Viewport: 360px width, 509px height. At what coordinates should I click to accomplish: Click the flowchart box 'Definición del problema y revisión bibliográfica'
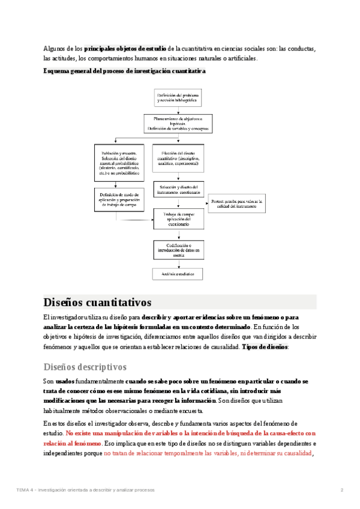pos(178,98)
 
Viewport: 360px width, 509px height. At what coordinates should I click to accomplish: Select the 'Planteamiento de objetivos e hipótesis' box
pos(178,124)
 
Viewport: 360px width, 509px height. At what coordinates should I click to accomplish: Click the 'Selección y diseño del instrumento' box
pos(178,191)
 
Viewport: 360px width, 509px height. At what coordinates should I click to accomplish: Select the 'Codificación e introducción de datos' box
pos(178,250)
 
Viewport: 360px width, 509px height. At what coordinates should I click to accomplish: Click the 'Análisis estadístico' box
pos(178,274)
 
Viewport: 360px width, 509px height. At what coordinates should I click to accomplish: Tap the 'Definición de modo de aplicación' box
pos(119,199)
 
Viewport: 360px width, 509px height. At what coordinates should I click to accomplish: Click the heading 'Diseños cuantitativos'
pos(98,302)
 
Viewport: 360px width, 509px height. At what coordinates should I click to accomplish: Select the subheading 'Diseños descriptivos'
pos(85,366)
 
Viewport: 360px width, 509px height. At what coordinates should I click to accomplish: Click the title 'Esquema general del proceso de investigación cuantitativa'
pos(124,71)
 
